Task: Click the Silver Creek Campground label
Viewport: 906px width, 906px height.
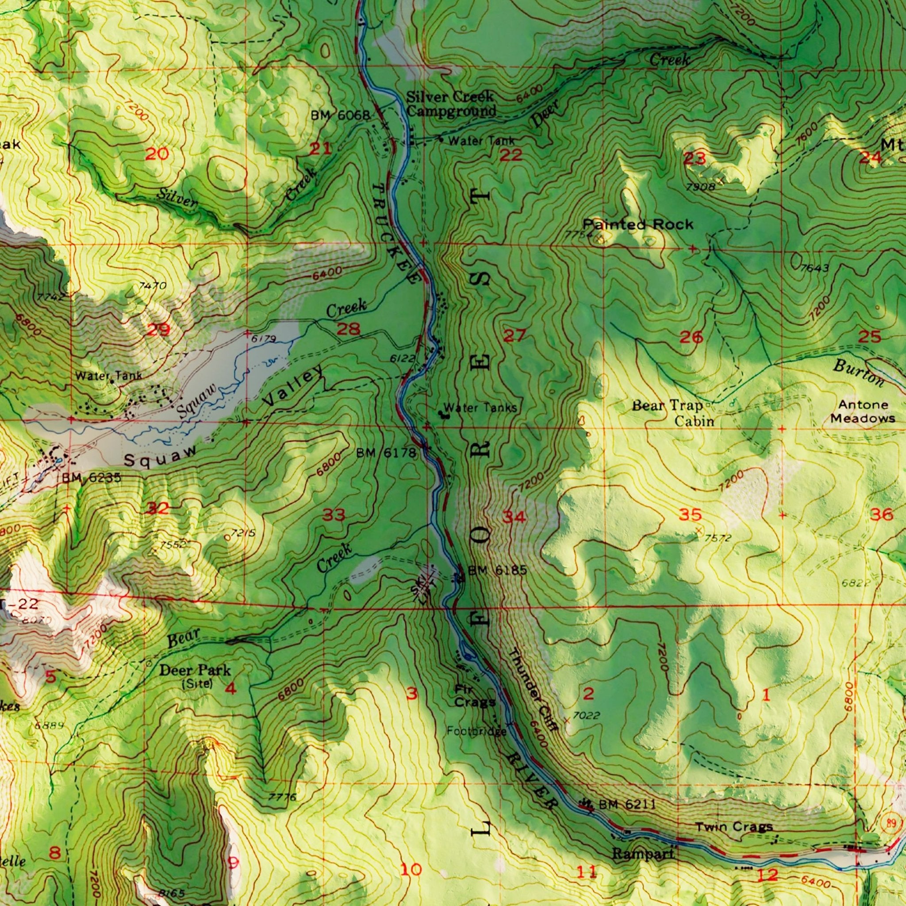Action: click(451, 104)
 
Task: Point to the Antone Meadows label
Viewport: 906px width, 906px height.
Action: click(863, 411)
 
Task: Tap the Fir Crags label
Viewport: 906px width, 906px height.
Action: click(475, 696)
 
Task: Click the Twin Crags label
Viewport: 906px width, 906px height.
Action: click(733, 826)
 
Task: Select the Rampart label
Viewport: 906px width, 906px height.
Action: click(643, 854)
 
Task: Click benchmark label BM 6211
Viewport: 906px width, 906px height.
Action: click(627, 805)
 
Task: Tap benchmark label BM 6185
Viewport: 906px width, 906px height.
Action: click(498, 570)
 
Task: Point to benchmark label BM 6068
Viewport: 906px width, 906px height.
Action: click(341, 115)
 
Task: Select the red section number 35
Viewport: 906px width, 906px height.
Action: click(690, 515)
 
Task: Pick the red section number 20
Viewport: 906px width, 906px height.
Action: click(157, 154)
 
